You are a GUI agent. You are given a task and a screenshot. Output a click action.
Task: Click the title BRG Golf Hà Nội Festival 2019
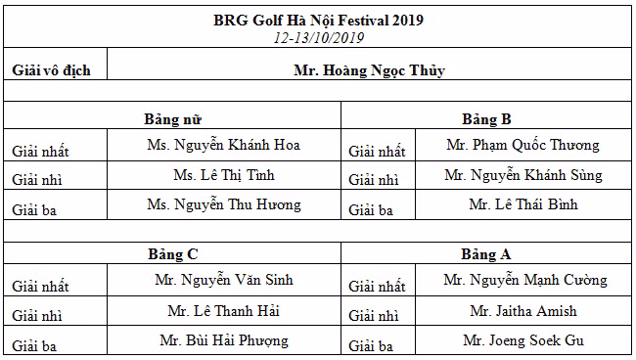[x=318, y=20]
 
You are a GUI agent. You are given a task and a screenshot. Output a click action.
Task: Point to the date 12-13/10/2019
[x=318, y=38]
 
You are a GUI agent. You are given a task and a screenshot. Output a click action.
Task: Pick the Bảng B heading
[x=486, y=119]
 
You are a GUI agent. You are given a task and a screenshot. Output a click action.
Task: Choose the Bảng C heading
[x=173, y=254]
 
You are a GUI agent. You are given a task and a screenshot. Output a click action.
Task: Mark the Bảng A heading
[x=486, y=254]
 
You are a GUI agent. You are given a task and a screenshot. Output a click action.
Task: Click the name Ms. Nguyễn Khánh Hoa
[x=223, y=146]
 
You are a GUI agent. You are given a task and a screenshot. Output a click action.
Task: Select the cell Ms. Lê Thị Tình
[x=223, y=176]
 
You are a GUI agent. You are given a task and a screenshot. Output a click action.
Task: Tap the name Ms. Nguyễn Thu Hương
[x=223, y=205]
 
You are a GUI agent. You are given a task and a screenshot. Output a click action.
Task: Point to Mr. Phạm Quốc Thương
[x=522, y=146]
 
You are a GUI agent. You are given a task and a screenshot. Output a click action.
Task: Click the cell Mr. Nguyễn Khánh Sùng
[x=522, y=176]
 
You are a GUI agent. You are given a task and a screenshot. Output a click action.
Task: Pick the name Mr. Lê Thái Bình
[x=522, y=205]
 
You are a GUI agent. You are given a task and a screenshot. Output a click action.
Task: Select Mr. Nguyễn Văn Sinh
[x=223, y=281]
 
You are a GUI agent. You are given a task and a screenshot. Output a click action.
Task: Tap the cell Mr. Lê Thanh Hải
[x=223, y=311]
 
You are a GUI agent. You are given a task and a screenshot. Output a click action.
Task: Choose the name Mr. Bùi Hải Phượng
[x=223, y=341]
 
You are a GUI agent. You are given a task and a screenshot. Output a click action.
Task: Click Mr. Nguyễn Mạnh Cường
[x=524, y=281]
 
